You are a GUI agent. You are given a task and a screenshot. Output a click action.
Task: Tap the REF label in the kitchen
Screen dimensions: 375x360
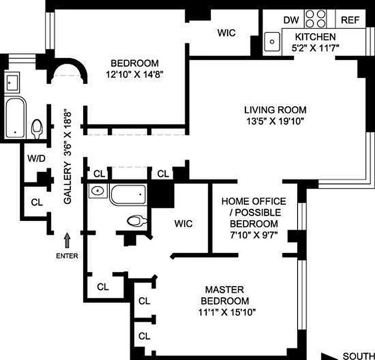coord(350,20)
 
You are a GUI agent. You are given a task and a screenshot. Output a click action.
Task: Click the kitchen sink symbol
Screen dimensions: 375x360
coord(272,41)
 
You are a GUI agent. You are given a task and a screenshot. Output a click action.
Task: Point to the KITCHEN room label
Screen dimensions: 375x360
coord(315,37)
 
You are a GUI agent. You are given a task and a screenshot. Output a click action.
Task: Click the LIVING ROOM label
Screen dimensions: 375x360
coord(275,109)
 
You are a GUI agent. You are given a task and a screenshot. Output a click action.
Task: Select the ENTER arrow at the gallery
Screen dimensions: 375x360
coord(67,240)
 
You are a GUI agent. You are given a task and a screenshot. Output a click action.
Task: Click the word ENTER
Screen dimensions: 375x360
coord(67,256)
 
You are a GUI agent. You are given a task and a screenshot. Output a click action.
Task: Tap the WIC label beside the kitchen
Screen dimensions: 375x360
coord(226,33)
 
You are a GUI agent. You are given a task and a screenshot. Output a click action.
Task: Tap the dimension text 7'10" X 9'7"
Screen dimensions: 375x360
coord(253,234)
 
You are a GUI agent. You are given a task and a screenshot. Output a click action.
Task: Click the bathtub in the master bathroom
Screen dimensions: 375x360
coord(128,194)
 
